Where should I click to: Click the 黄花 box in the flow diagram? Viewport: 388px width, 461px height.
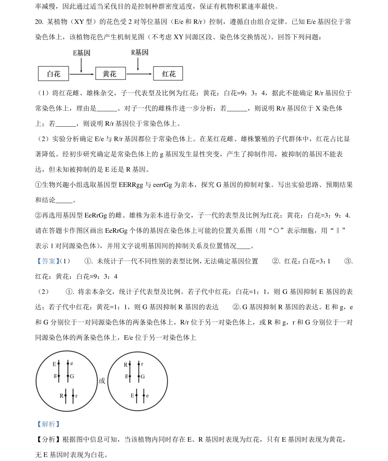(x=111, y=74)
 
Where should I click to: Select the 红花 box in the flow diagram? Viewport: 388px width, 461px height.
(x=168, y=74)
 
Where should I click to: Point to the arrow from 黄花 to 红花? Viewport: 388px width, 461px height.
(x=139, y=74)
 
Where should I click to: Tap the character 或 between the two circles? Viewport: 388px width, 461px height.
(x=102, y=381)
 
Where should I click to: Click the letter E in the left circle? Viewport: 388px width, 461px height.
(x=54, y=364)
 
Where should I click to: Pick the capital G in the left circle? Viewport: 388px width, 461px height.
(x=72, y=376)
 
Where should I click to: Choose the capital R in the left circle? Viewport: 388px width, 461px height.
(x=61, y=396)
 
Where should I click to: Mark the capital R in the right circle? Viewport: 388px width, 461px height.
(x=125, y=364)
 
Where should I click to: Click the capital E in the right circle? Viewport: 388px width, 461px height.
(x=132, y=396)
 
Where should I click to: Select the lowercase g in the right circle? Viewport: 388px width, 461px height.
(x=126, y=376)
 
